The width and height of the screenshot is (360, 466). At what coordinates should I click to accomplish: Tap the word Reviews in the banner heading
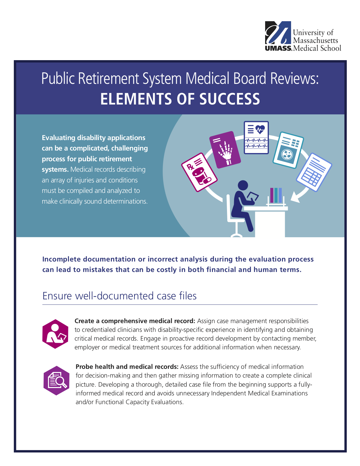294,78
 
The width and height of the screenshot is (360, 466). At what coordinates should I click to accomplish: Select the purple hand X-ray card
225,150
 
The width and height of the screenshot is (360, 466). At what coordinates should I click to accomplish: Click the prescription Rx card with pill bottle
199,172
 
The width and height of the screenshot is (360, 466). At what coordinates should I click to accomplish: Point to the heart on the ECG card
260,129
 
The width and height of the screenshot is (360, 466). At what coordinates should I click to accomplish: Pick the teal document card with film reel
288,150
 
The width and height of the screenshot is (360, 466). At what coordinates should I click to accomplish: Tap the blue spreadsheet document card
314,172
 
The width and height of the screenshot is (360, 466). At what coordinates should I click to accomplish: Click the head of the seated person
243,185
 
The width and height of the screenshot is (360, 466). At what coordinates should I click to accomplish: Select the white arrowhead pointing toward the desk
295,197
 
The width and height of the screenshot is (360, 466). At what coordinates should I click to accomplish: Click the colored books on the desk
276,195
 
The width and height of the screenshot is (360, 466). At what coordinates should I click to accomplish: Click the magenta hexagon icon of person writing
55,334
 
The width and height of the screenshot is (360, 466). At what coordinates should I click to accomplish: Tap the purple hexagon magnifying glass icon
56,380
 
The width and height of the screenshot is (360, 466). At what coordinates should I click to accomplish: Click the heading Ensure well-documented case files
119,296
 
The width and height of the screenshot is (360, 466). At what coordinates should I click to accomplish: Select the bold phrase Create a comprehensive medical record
135,321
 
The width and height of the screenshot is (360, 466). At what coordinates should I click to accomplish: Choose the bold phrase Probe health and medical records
127,367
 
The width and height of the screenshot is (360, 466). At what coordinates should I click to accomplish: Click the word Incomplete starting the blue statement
62,259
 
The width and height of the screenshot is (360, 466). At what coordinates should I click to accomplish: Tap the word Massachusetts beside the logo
315,40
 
